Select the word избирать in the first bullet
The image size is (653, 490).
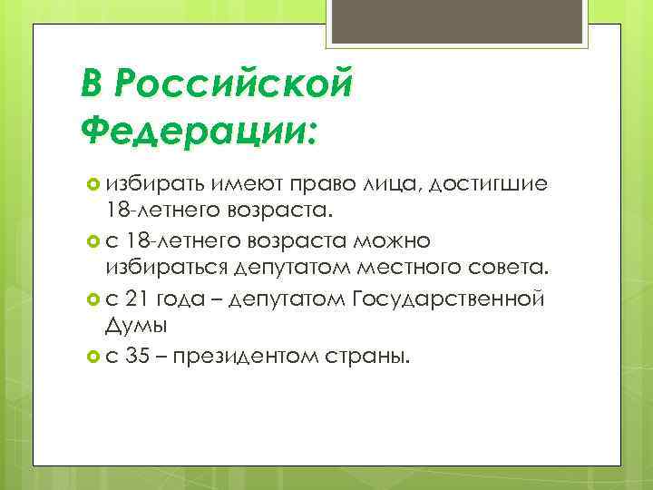pos(155,185)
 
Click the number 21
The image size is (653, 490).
pos(143,298)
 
